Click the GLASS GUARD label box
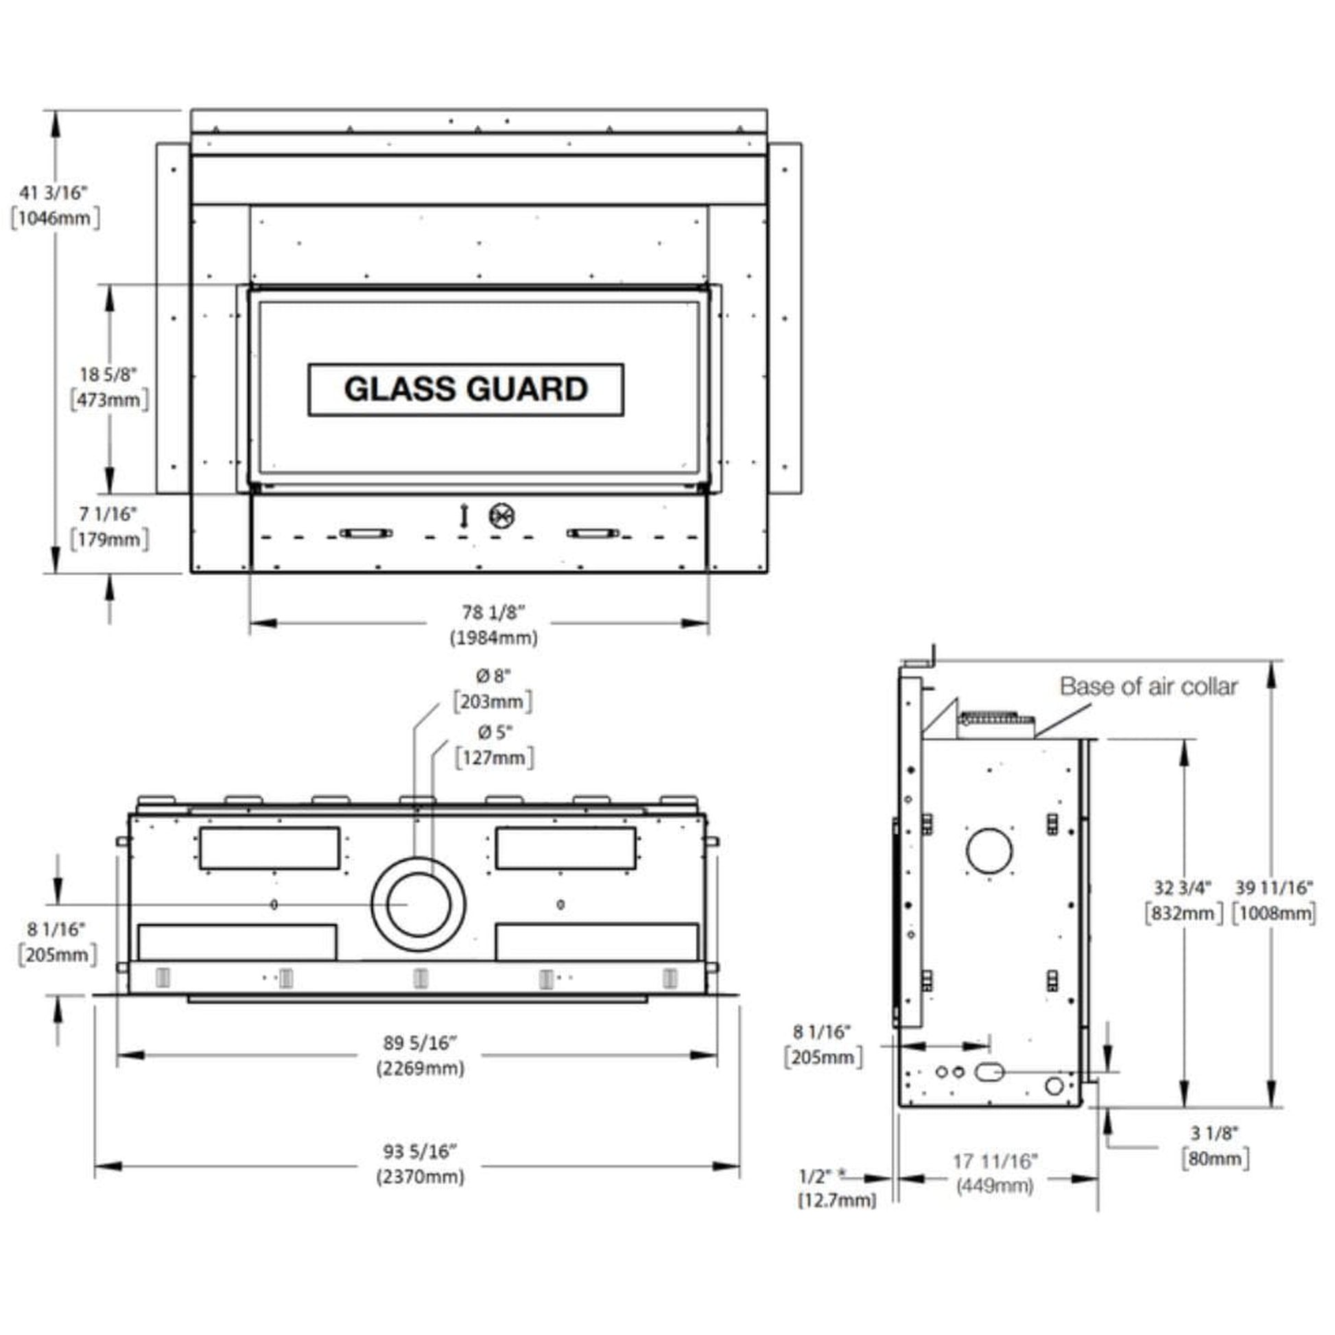466,390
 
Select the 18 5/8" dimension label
108,375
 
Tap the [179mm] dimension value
109,539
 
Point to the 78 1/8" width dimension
493,612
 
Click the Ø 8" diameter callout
493,676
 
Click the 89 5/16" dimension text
420,1043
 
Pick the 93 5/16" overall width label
420,1151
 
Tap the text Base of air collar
1148,687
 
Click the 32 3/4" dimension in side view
1183,887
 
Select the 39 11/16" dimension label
1274,887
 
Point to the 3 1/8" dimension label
1215,1133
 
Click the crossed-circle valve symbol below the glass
501,516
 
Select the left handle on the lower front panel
366,533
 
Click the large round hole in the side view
989,851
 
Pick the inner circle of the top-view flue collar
418,904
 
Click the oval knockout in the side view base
989,1072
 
